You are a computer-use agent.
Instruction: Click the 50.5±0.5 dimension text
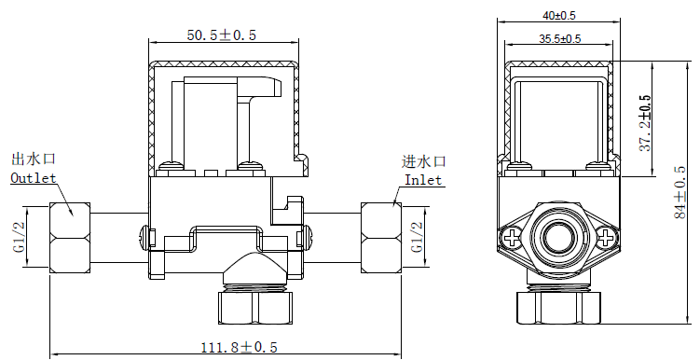pos(222,35)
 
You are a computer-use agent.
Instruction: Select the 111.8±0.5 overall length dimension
pos(240,347)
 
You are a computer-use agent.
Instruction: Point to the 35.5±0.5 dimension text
pos(559,39)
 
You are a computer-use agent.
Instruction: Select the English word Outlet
pos(33,177)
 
